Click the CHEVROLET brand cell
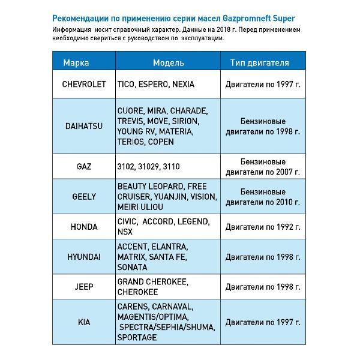(x=84, y=85)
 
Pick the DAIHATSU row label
(x=84, y=127)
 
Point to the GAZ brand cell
(x=84, y=166)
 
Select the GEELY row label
(x=84, y=196)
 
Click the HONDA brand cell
(x=84, y=226)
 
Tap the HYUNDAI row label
(x=84, y=256)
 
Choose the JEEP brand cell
(x=84, y=286)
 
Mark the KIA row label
(x=84, y=322)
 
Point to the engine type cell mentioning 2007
(x=262, y=166)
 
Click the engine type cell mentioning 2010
(x=262, y=196)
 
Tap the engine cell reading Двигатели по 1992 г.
(x=262, y=226)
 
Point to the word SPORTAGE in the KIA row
(x=137, y=337)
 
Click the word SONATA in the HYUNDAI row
(x=133, y=267)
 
